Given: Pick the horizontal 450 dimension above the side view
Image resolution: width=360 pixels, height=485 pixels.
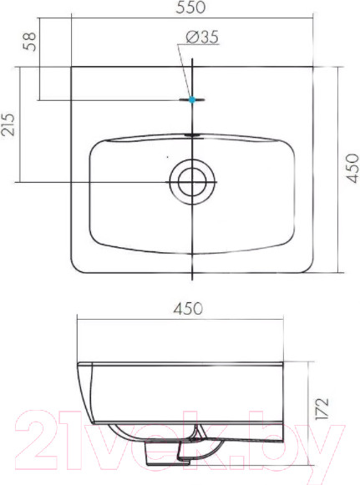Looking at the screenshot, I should [x=189, y=308].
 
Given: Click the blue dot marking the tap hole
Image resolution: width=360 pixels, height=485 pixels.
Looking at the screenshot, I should [x=192, y=99].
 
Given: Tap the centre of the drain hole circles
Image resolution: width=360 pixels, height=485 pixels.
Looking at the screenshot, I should [x=193, y=180].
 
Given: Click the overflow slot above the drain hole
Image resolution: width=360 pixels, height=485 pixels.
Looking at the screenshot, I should [x=193, y=134].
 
